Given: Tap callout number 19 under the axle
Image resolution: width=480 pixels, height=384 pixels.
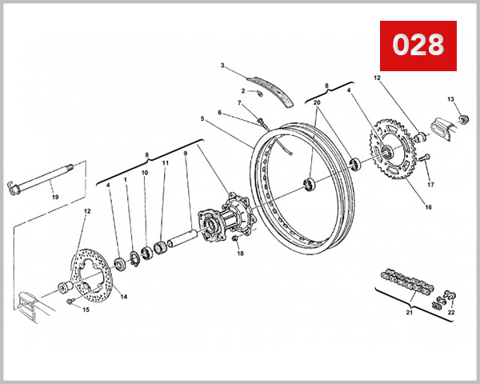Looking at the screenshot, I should (55, 196).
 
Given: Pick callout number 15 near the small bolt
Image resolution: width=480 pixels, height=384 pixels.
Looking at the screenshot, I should (87, 310).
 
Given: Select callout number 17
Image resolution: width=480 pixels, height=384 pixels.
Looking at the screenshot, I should (430, 185).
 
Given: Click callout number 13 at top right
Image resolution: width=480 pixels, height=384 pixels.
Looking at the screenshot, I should (450, 99).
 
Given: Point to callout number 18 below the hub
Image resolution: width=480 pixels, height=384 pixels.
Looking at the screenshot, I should (239, 254).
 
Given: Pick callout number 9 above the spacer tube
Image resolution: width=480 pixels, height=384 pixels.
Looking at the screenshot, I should (185, 153).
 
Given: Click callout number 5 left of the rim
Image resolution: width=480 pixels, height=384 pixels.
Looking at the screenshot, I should (202, 120).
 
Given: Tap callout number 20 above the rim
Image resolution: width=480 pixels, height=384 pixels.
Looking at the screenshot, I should (317, 103).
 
